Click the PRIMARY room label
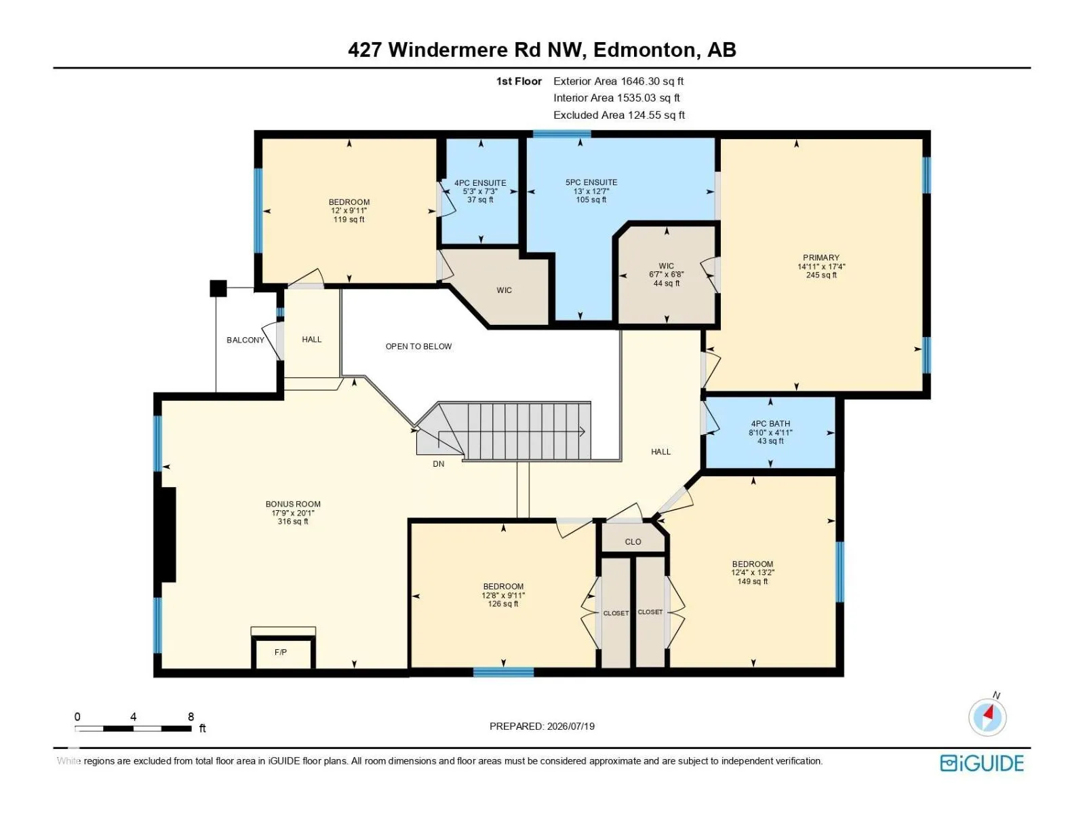821,258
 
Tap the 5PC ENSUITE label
591,182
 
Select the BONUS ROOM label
293,504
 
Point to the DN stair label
439,463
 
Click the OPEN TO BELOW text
418,347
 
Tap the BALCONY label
245,340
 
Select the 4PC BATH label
770,423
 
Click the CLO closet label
633,542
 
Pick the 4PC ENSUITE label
480,183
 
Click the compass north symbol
987,716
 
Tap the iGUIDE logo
982,763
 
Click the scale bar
133,728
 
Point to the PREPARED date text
542,726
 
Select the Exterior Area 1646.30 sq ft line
618,81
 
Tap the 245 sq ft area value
821,275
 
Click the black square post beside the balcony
218,288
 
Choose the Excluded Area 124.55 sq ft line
619,115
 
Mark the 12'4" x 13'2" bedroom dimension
752,573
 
